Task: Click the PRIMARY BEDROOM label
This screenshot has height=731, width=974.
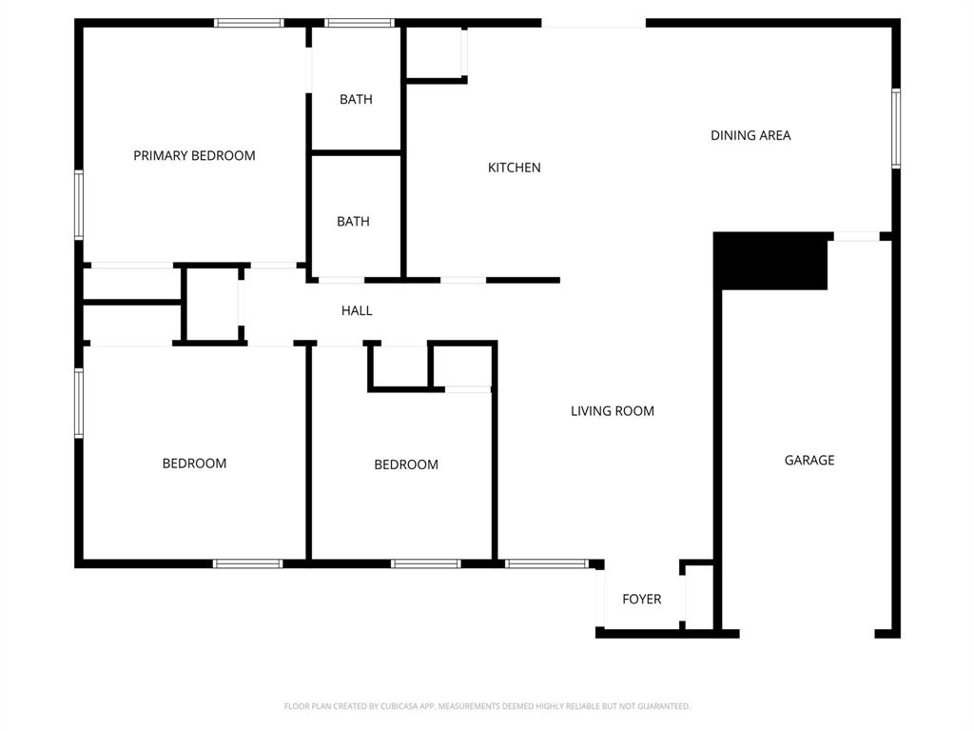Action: [194, 155]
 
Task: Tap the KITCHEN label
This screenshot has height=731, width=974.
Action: [514, 168]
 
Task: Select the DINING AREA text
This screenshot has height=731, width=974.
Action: [750, 135]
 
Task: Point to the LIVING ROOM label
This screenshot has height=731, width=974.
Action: [613, 411]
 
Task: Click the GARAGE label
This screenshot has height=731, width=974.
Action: [809, 460]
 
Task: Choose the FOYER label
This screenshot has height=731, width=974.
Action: [641, 599]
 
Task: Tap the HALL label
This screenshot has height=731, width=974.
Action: [357, 310]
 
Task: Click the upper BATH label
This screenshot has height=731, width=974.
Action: [356, 99]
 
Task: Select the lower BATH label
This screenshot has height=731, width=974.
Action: [353, 221]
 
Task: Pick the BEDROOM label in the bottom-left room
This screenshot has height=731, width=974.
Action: [194, 464]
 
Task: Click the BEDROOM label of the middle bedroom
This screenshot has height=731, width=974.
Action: [406, 464]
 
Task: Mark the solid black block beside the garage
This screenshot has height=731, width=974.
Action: [770, 260]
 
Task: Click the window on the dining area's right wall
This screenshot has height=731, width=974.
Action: [896, 128]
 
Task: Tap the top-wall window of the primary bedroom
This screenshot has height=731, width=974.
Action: [248, 23]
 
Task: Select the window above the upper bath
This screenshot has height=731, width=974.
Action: [359, 23]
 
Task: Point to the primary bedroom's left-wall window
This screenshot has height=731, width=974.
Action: [79, 204]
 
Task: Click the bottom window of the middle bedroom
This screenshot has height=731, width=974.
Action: [425, 563]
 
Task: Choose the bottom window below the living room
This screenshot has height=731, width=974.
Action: [546, 563]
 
